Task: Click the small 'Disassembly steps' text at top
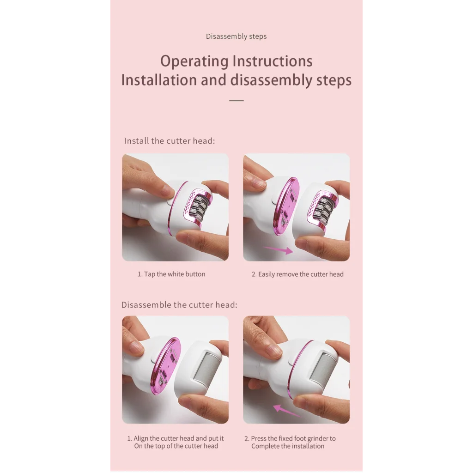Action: [236, 36]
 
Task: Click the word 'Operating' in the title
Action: [194, 61]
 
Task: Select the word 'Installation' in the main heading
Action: [159, 80]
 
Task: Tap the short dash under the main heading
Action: [236, 100]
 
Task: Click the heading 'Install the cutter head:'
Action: [170, 141]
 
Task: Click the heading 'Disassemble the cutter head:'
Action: [179, 305]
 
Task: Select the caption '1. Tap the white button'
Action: [171, 274]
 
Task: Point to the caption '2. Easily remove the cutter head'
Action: [297, 274]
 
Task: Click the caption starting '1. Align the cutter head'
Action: [176, 442]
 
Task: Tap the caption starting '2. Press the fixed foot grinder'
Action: [290, 442]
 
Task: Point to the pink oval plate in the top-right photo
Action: [286, 206]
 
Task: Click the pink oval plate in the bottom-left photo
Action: [166, 365]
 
